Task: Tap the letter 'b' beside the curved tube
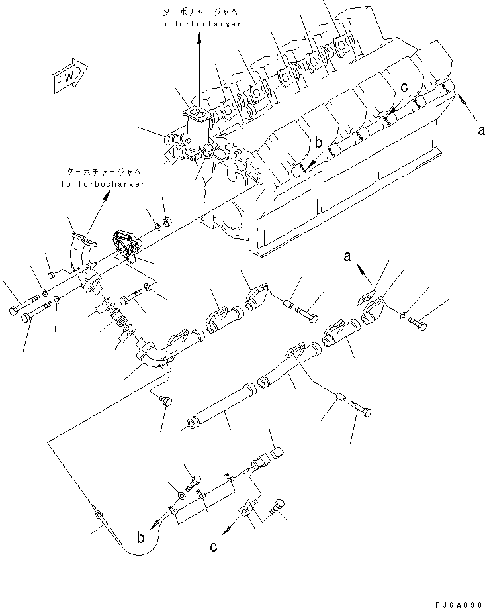click(x=140, y=539)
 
